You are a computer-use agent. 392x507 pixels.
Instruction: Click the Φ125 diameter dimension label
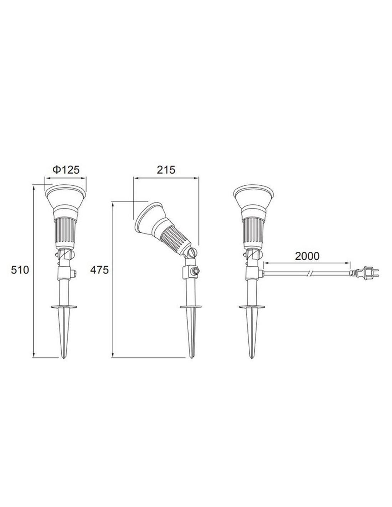66,170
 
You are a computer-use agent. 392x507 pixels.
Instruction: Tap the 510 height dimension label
20,270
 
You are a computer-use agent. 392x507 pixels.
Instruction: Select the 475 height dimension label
99,270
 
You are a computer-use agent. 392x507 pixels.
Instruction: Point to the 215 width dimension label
166,170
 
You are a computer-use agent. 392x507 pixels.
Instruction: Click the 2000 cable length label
307,256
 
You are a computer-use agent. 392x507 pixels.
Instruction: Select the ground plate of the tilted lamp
191,307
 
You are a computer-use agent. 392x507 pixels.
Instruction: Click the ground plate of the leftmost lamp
64,307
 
